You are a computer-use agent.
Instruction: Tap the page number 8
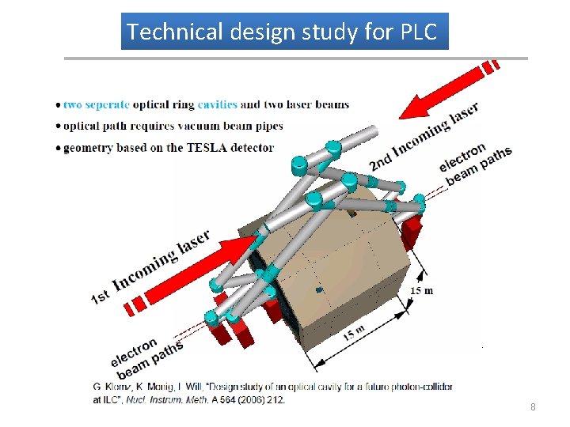pos(533,406)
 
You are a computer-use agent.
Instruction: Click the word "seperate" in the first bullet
pos(107,104)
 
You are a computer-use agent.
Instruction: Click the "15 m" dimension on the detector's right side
pos(421,290)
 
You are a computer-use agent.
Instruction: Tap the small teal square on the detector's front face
pos(320,290)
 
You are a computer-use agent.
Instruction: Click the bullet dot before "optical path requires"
pos(59,127)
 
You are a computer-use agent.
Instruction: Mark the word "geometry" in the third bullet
pos(86,147)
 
